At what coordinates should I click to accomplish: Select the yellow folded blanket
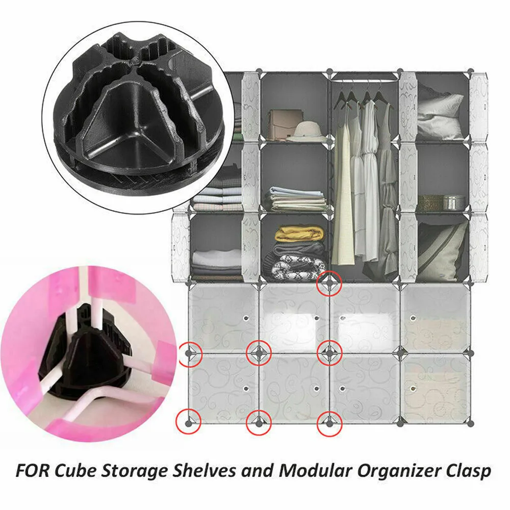(299, 234)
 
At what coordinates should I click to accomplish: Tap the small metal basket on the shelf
(453, 201)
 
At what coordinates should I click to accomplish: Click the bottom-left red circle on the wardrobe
(189, 421)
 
